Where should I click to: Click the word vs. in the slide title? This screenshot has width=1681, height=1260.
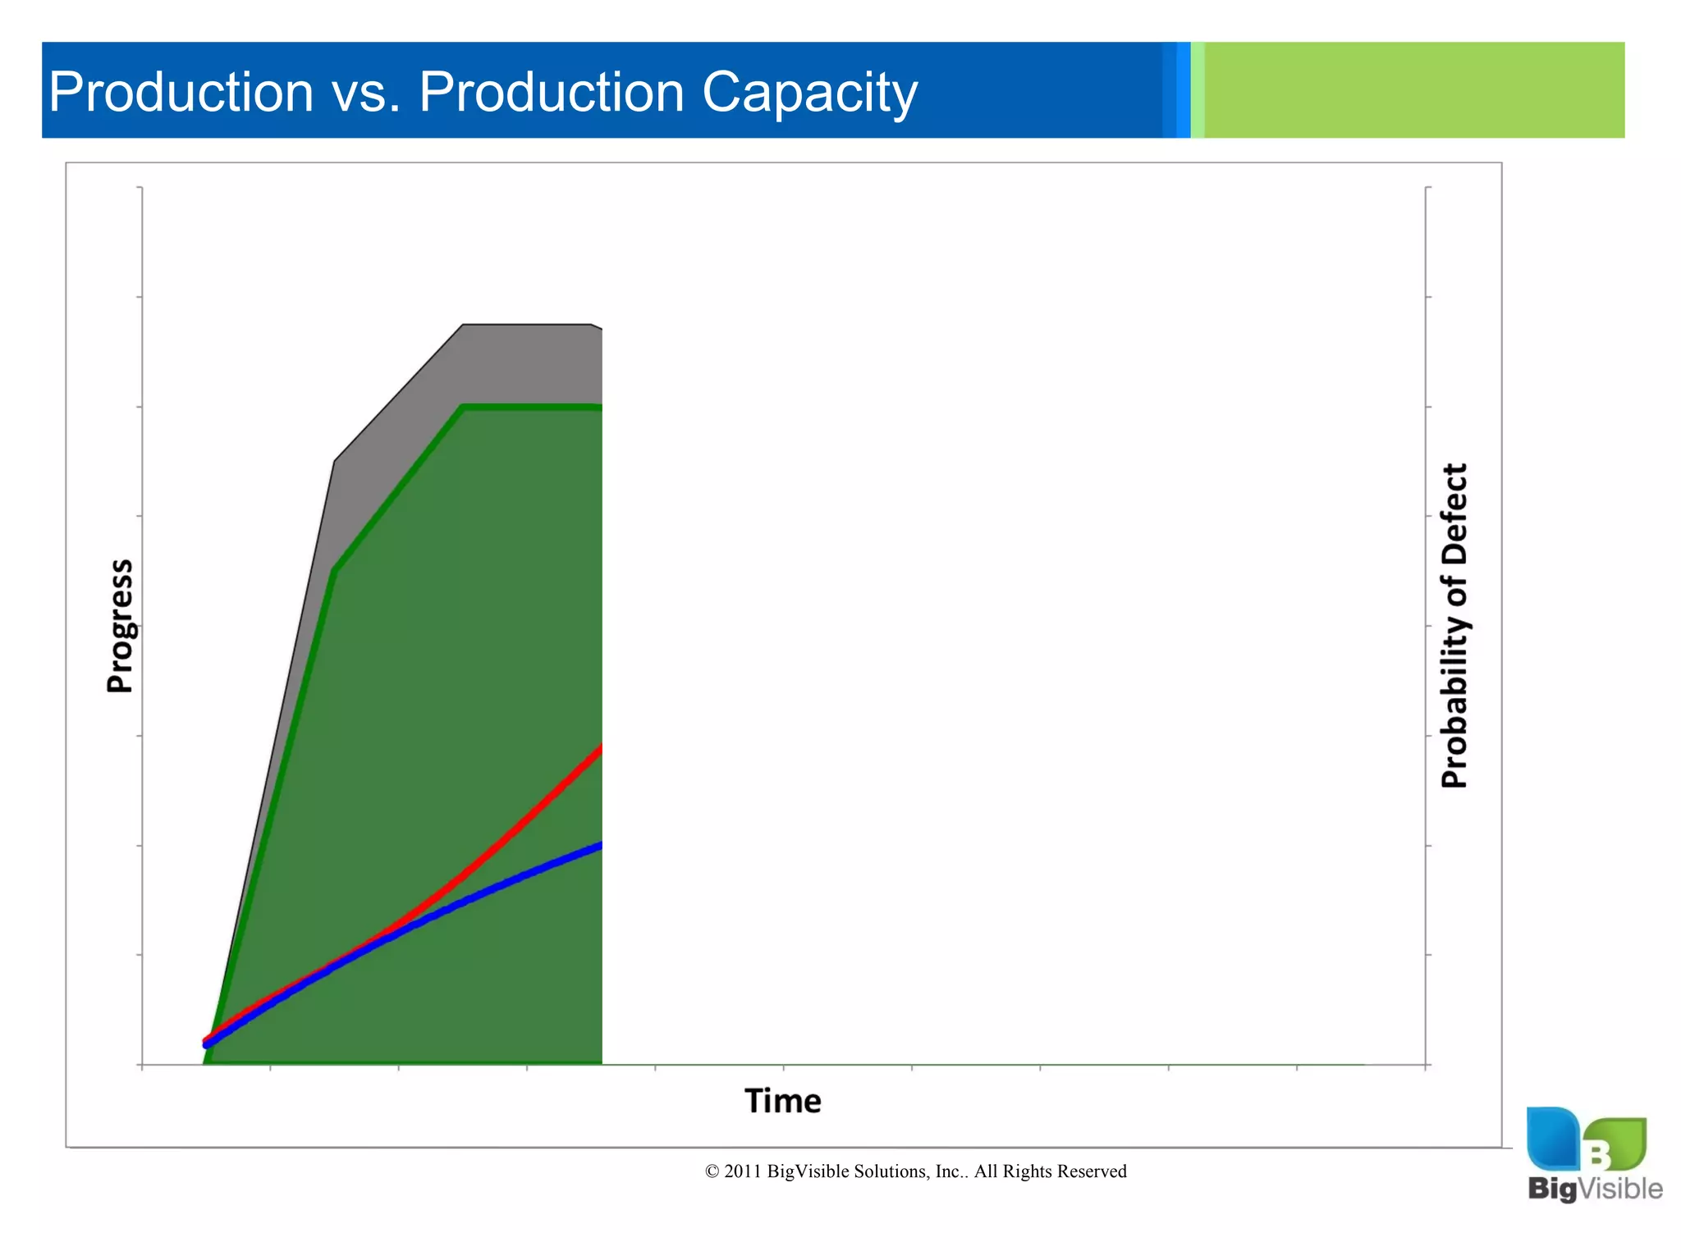pyautogui.click(x=366, y=92)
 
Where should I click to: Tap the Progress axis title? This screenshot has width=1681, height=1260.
pyautogui.click(x=120, y=626)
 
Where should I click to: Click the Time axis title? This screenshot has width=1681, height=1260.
pyautogui.click(x=782, y=1101)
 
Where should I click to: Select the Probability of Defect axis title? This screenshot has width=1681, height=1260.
pyautogui.click(x=1454, y=626)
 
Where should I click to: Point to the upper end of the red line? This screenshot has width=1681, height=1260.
pyautogui.click(x=601, y=749)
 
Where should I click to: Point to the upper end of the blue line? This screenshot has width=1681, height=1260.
pyautogui.click(x=601, y=846)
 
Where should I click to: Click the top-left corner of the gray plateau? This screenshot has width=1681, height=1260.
pyautogui.click(x=464, y=326)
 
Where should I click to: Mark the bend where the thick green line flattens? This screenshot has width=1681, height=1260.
pyautogui.click(x=464, y=407)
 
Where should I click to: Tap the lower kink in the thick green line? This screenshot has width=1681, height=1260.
pyautogui.click(x=335, y=570)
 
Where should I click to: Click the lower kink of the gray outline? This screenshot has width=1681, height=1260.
pyautogui.click(x=335, y=462)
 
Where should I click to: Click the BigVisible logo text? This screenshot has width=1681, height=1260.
pyautogui.click(x=1594, y=1188)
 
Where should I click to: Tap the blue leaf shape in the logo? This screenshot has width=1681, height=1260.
pyautogui.click(x=1551, y=1137)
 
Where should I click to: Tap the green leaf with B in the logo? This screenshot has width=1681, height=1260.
pyautogui.click(x=1614, y=1144)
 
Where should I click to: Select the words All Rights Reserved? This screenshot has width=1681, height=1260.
pyautogui.click(x=1050, y=1171)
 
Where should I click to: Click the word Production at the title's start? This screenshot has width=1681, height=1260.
pyautogui.click(x=181, y=92)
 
